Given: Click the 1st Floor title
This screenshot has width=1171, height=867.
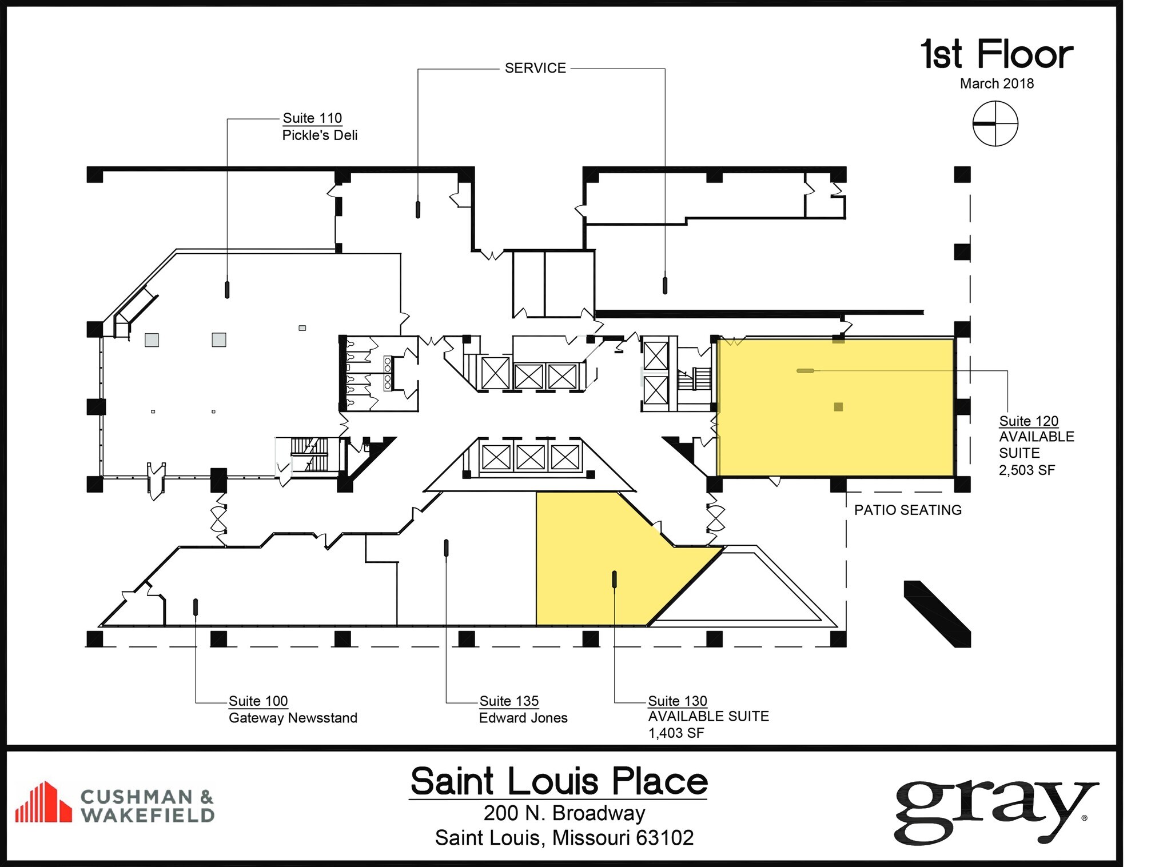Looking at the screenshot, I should click(x=997, y=55).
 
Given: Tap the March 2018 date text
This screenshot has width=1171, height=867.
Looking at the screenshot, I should click(x=997, y=83).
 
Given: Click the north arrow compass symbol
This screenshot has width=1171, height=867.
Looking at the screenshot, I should click(x=995, y=123).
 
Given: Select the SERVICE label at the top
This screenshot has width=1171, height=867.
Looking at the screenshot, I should click(x=535, y=68).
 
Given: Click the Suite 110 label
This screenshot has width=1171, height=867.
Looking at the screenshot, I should click(x=312, y=118).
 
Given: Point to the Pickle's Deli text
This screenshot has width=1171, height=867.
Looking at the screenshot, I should click(x=320, y=135).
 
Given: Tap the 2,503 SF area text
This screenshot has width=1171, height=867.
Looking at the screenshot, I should click(x=1026, y=470).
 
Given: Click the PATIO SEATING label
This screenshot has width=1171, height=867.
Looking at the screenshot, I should click(x=907, y=510).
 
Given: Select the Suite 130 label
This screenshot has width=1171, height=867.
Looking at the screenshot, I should click(x=677, y=701).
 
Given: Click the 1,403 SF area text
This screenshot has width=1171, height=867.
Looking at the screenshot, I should click(x=675, y=733).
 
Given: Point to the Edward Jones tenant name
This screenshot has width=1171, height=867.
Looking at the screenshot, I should click(x=523, y=718).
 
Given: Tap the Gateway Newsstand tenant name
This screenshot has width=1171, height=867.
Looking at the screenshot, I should click(x=293, y=718).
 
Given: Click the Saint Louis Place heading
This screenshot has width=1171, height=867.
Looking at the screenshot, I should click(x=559, y=781).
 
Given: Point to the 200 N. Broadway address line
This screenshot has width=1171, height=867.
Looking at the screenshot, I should click(x=564, y=813).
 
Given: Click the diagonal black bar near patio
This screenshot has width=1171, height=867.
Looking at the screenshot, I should click(x=937, y=614).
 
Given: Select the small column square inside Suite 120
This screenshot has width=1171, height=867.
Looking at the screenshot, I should click(x=838, y=407).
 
